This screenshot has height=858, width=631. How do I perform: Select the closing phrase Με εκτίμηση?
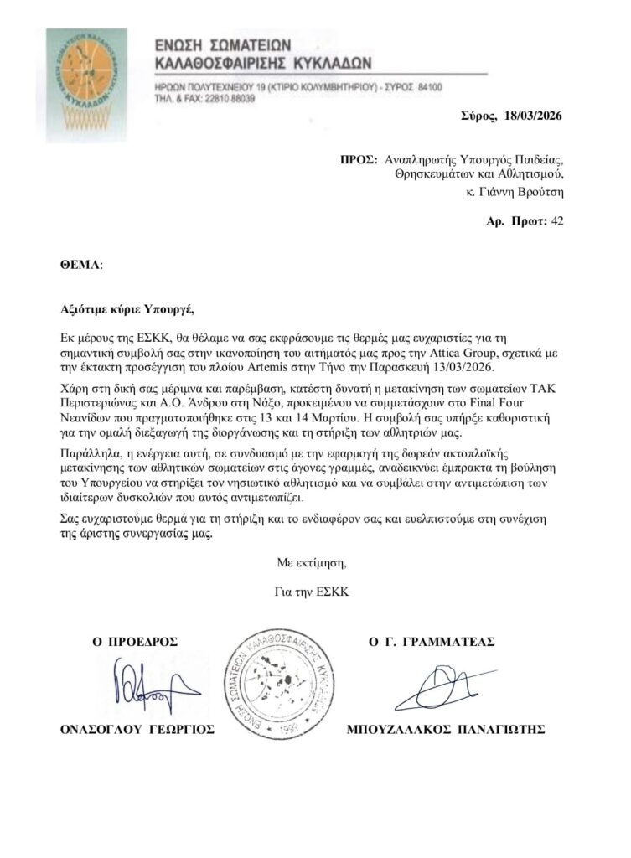click(x=310, y=562)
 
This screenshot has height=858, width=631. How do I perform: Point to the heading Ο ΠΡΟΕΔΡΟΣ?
click(x=137, y=642)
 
